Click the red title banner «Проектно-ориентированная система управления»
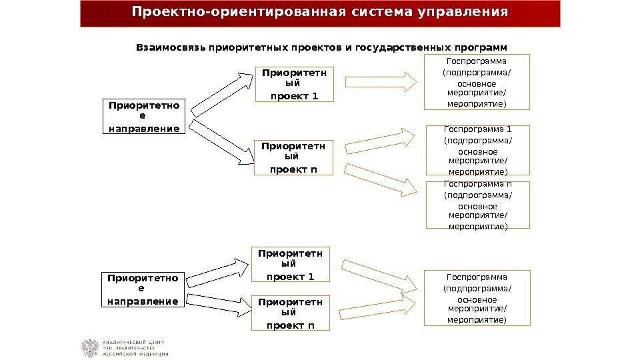[320, 13]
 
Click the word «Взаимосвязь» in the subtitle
[171, 48]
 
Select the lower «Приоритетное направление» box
[143, 290]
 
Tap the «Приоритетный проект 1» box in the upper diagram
[294, 83]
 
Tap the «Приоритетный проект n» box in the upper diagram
[294, 157]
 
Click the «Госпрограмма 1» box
[477, 151]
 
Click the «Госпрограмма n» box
[477, 205]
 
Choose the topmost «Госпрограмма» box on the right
[477, 83]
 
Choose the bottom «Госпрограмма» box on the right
[477, 298]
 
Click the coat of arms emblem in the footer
[89, 348]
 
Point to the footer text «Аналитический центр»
[133, 342]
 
